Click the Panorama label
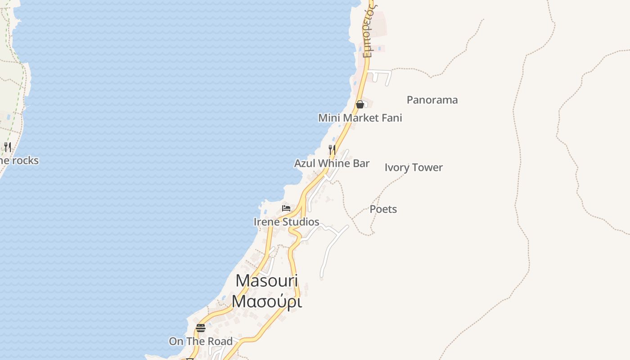pos(432,100)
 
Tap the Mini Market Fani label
pos(360,118)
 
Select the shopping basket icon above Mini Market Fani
pos(360,104)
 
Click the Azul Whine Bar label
pos(332,163)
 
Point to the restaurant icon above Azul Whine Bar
pos(332,149)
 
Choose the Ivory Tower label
pos(414,167)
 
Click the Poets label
pos(383,209)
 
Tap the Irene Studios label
pos(286,222)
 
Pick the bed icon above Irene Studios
pos(286,208)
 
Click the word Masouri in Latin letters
pos(266,281)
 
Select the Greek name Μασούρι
pos(266,301)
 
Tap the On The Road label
pos(201,342)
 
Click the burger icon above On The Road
pos(201,328)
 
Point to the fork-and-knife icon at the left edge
pos(8,147)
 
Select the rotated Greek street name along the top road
pos(369,29)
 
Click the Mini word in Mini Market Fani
pos(328,118)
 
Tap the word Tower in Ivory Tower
pos(428,167)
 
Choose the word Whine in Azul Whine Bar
pos(332,163)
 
